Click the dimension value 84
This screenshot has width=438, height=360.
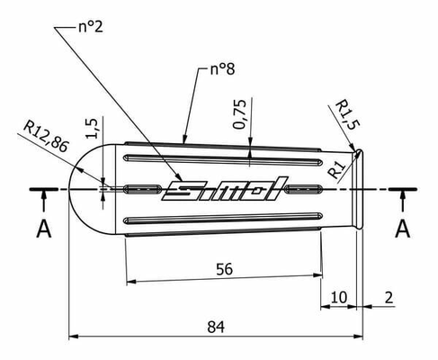(x=216, y=327)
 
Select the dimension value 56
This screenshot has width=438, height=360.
(x=224, y=269)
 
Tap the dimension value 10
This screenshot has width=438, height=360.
(x=339, y=297)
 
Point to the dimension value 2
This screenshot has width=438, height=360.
(x=389, y=298)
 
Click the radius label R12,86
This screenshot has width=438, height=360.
(x=46, y=136)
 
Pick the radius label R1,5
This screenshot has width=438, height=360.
(x=347, y=114)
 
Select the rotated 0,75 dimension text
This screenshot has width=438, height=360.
(x=240, y=114)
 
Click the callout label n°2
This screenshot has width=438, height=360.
(x=91, y=26)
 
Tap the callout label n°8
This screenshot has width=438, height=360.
(x=222, y=69)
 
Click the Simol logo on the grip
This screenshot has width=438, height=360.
(x=225, y=188)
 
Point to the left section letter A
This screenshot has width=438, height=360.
(x=44, y=229)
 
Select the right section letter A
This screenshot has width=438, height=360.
(x=402, y=229)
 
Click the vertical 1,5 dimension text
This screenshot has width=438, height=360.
(x=92, y=129)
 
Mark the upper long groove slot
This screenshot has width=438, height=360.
(x=223, y=160)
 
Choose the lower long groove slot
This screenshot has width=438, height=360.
(x=223, y=219)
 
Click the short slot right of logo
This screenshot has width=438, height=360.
(x=304, y=189)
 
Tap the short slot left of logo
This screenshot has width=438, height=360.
(x=142, y=189)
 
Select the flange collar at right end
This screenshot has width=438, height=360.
(x=359, y=189)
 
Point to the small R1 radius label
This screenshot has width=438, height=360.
(x=336, y=169)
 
